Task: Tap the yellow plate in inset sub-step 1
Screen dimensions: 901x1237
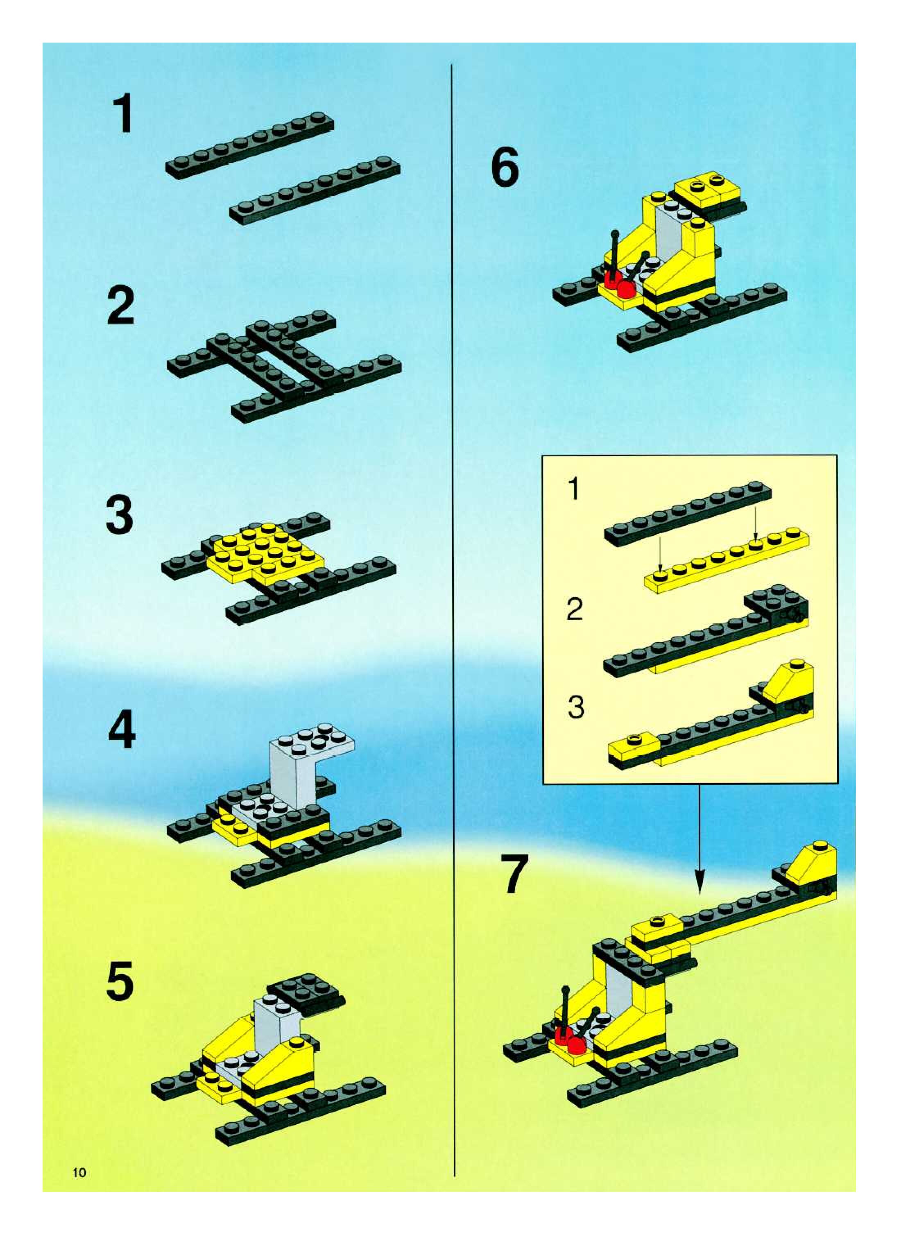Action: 727,561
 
